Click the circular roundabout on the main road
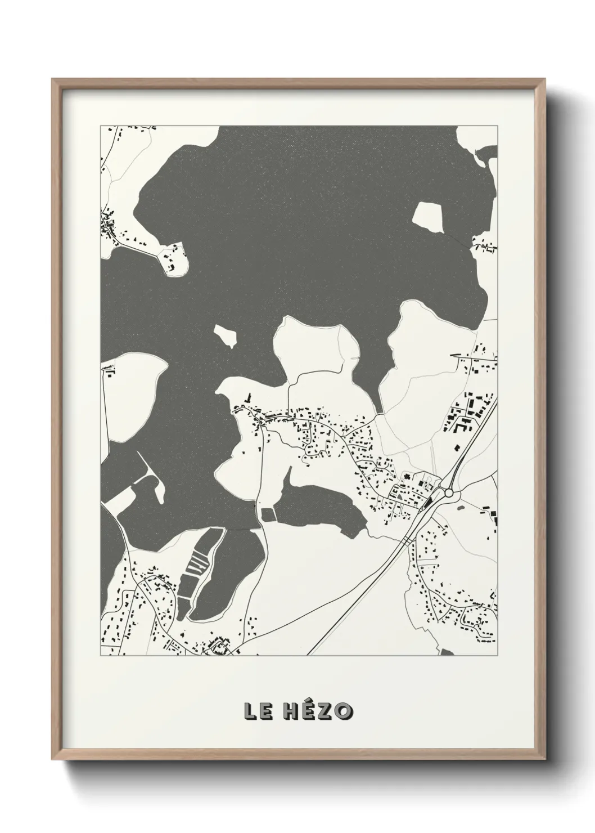click(x=449, y=492)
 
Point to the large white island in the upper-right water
click(x=429, y=217)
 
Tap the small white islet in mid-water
click(x=225, y=336)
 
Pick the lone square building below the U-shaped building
click(x=457, y=447)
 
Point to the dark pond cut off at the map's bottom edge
click(x=447, y=652)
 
